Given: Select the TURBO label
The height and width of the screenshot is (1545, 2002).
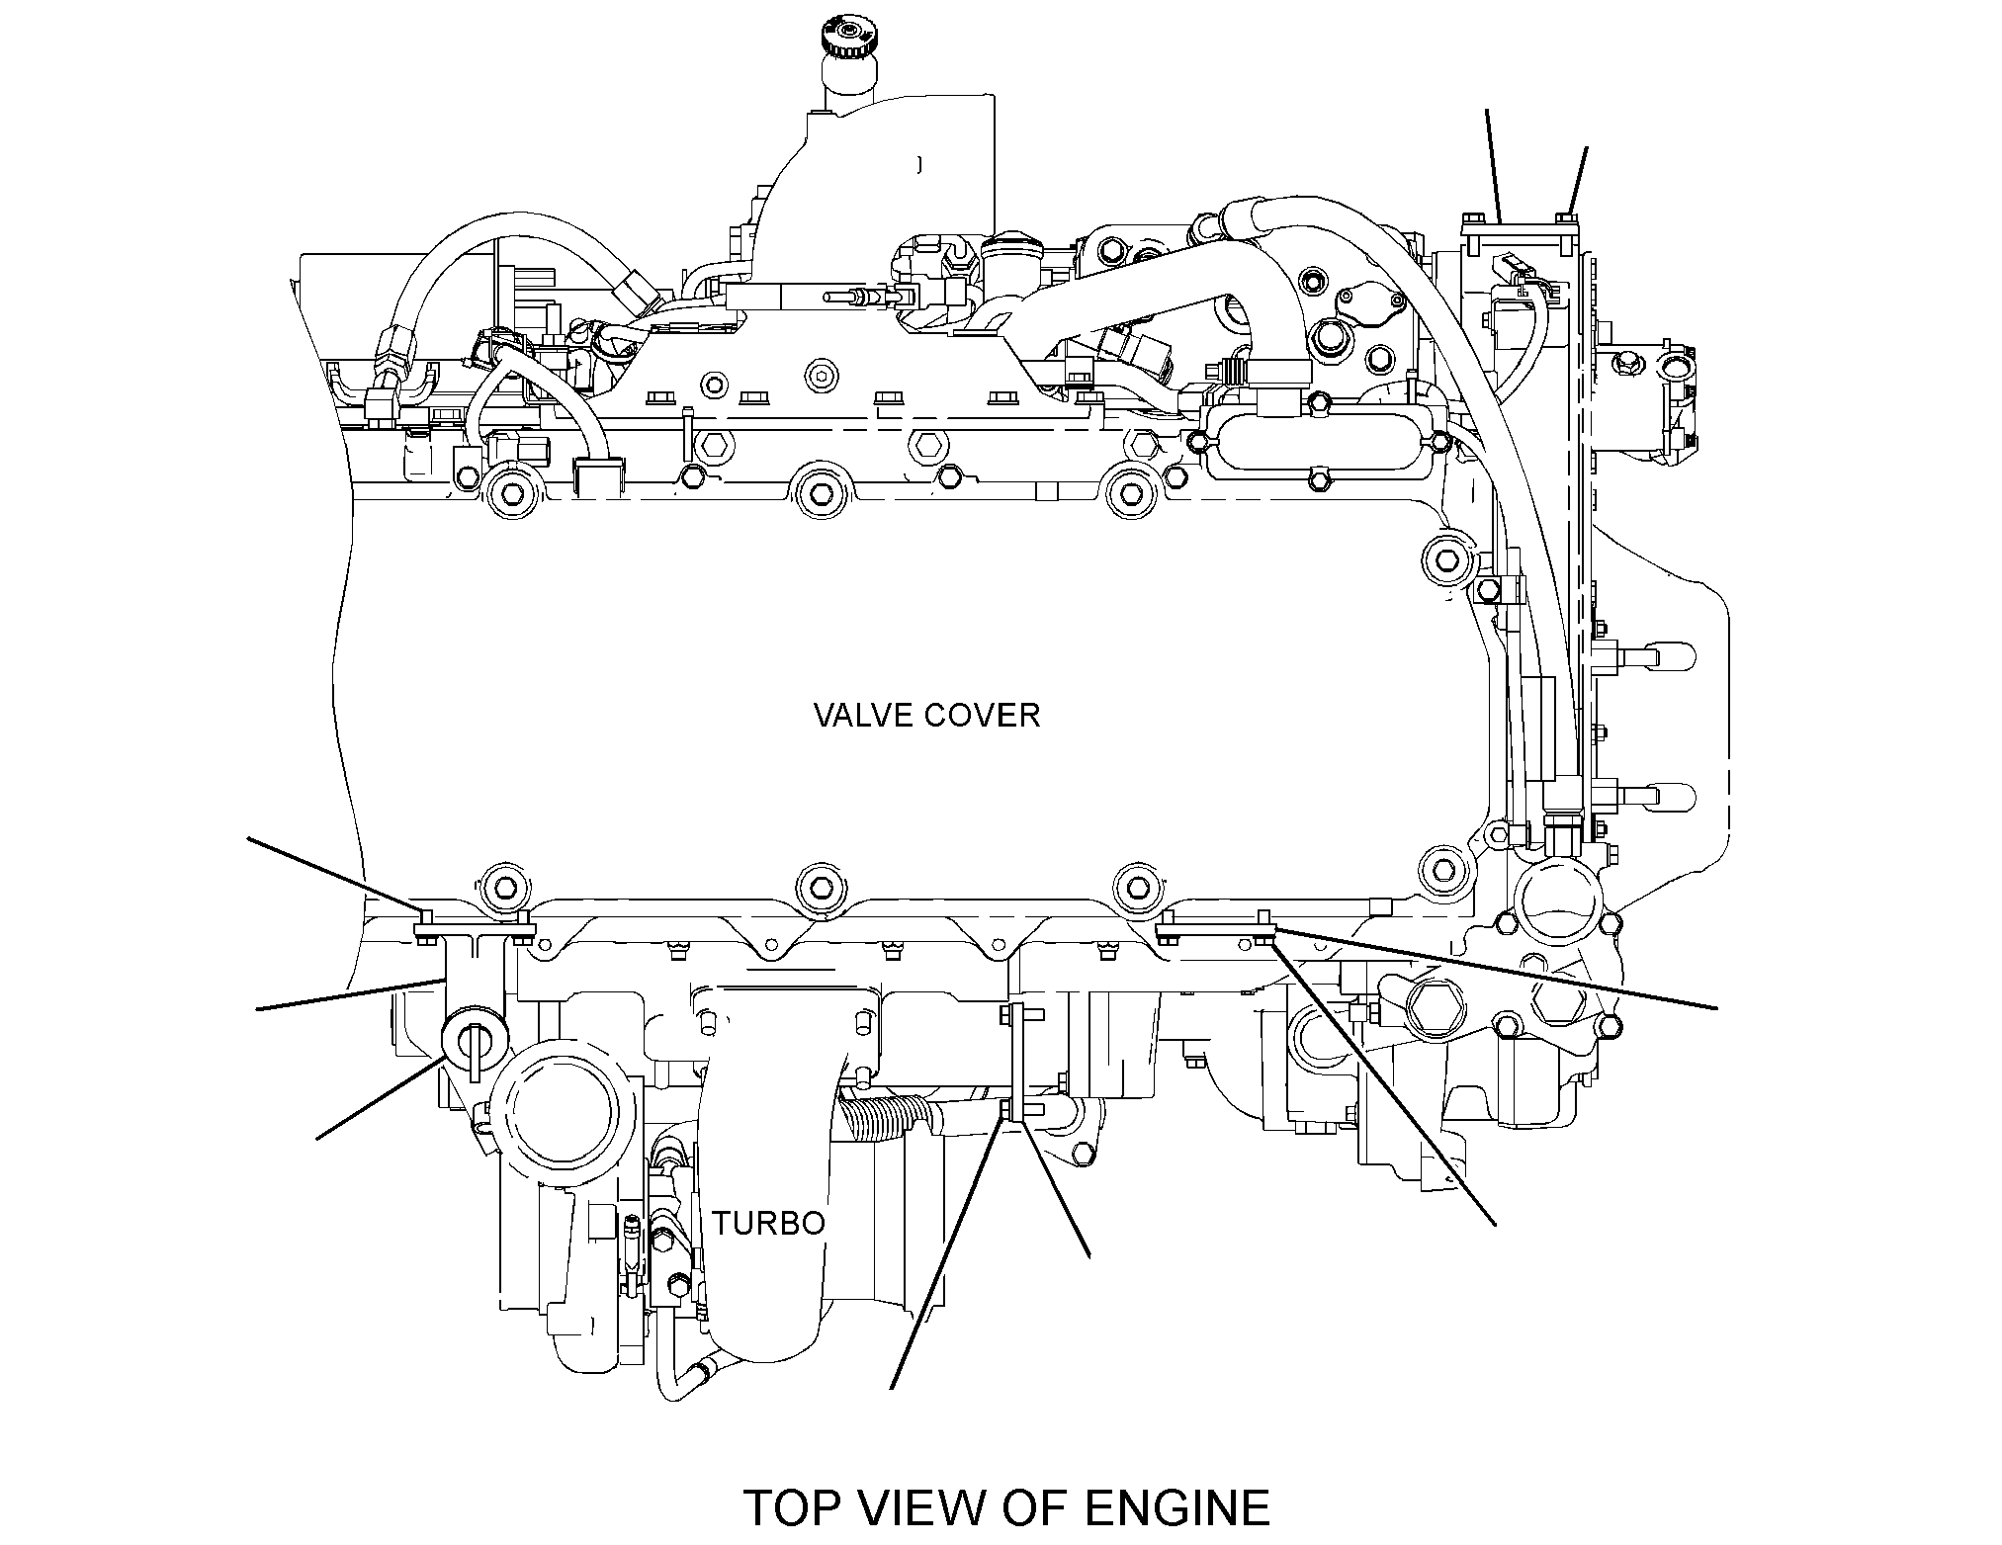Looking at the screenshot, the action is [x=769, y=1223].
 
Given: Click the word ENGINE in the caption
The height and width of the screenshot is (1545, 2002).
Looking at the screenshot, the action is [x=1177, y=1507].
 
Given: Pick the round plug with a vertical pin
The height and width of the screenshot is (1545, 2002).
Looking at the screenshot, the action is [x=475, y=1036].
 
